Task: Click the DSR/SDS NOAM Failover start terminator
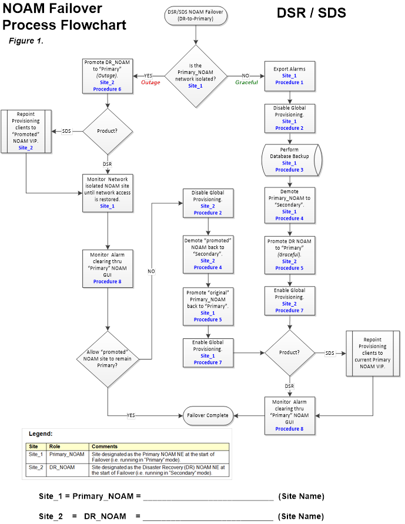coord(195,15)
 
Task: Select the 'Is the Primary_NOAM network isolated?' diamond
coord(195,76)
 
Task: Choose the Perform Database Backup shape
coord(289,159)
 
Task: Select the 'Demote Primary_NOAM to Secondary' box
coord(289,205)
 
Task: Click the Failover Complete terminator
coord(207,415)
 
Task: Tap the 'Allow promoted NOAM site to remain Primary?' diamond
coord(108,358)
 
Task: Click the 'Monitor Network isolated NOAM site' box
coord(108,192)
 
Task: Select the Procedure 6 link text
coord(108,89)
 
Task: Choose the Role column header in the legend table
coord(56,446)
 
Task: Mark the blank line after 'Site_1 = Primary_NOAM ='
coord(208,497)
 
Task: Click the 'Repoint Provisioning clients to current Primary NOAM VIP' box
coord(372,352)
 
